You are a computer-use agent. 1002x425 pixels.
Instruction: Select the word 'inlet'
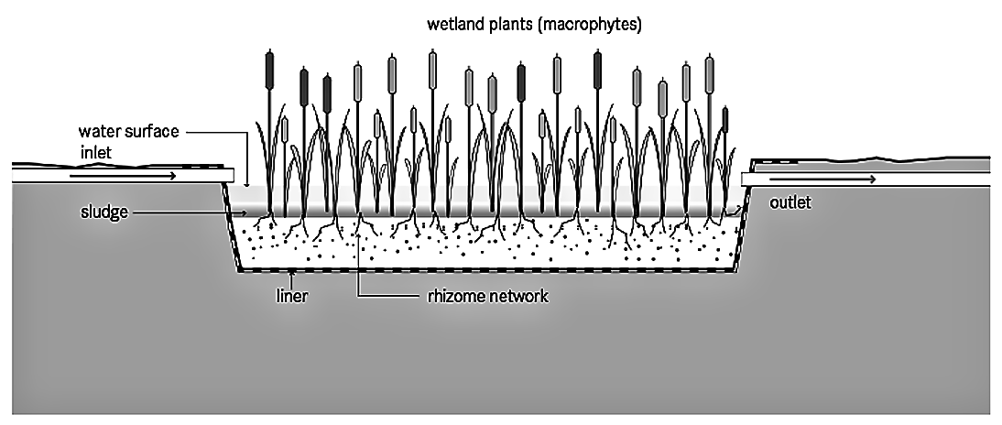pos(94,152)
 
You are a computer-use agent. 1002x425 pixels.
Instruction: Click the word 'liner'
pos(290,297)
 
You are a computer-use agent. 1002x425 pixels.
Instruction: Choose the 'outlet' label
pos(790,202)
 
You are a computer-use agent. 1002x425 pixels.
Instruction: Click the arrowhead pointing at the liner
pos(290,273)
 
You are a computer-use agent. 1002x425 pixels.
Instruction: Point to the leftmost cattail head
pos(269,67)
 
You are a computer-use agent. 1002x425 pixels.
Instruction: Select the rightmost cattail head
pos(724,119)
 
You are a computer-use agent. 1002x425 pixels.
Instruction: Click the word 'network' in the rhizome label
pos(521,297)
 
